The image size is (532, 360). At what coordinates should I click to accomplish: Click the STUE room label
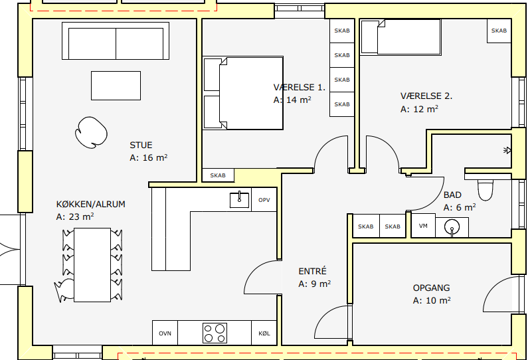pos(141,145)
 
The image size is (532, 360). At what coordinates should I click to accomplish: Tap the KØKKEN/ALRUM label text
pos(90,205)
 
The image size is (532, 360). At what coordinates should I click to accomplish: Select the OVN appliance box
pos(165,333)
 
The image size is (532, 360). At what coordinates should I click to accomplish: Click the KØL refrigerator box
pos(264,333)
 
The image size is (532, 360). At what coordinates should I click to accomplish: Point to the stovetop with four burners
pos(215,333)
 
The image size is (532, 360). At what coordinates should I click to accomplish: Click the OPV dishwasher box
pos(264,199)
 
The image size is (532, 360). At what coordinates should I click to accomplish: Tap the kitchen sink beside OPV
pos(239,199)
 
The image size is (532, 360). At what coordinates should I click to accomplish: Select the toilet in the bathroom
pos(486,190)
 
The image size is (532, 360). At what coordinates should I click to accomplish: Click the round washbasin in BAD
pos(452,226)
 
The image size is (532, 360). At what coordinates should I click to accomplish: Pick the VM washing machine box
pos(423,226)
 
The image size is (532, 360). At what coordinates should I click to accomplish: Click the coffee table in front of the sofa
pos(116,86)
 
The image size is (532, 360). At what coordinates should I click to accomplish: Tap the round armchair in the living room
pos(91,132)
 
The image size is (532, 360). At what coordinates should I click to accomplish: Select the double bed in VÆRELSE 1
pos(243,93)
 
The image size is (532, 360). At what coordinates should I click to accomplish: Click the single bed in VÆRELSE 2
pos(401,37)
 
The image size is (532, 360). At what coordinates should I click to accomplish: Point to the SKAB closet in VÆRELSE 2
pos(499,31)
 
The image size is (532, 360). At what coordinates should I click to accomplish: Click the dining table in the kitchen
pos(92,264)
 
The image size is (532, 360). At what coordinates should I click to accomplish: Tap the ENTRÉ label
pos(312,271)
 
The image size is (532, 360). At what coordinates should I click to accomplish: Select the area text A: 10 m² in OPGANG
pos(432,301)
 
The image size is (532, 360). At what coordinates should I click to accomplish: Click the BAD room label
pos(452,195)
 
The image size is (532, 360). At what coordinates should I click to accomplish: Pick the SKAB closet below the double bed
pos(218,175)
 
